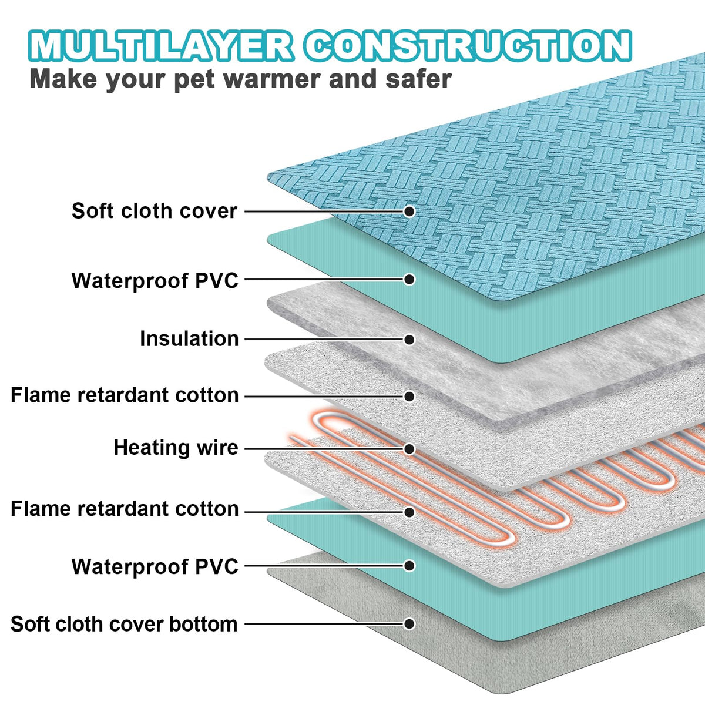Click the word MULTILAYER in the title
click(x=160, y=46)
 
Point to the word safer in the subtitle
click(x=418, y=79)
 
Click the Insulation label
click(x=189, y=339)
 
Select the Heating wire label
click(x=176, y=448)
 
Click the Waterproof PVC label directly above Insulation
click(x=155, y=281)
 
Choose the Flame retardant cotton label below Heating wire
click(x=125, y=509)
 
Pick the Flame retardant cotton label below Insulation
click(x=125, y=395)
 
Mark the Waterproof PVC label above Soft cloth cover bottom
click(x=155, y=567)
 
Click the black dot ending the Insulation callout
click(x=409, y=340)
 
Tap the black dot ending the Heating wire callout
click(x=409, y=449)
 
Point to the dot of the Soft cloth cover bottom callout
click(x=409, y=624)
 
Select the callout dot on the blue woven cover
click(x=409, y=211)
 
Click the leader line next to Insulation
click(x=323, y=340)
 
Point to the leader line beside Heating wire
click(x=323, y=449)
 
